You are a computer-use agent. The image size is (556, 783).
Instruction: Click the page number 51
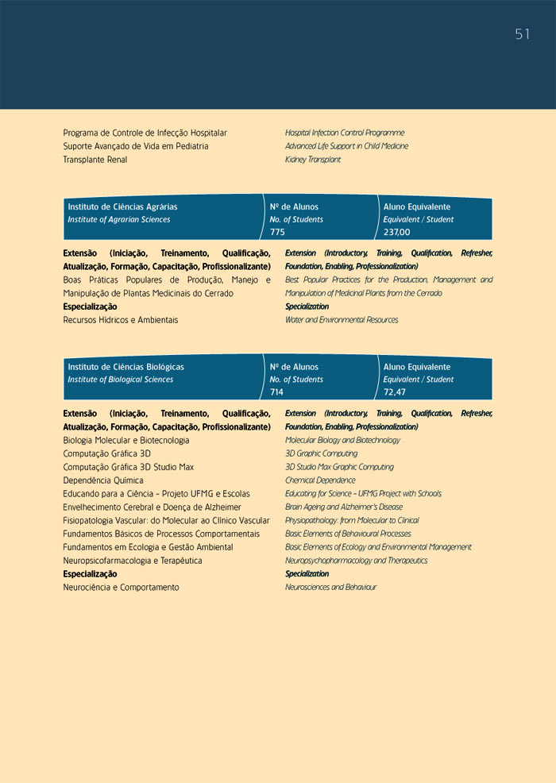pyautogui.click(x=522, y=34)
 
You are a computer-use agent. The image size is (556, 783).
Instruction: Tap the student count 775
pyautogui.click(x=277, y=232)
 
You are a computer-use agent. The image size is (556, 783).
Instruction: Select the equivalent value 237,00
pyautogui.click(x=396, y=232)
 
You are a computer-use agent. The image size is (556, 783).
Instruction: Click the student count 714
pyautogui.click(x=277, y=392)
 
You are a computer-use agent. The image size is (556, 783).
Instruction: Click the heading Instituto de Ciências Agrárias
pyautogui.click(x=122, y=206)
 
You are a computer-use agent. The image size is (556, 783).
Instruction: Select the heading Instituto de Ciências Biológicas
pyautogui.click(x=125, y=367)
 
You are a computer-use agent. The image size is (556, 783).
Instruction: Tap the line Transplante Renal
pyautogui.click(x=95, y=160)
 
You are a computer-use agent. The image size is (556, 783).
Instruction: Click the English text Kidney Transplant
pyautogui.click(x=313, y=160)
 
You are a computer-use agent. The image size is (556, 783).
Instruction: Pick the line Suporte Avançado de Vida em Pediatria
pyautogui.click(x=136, y=146)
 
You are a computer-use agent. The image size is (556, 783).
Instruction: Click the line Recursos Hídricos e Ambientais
pyautogui.click(x=121, y=320)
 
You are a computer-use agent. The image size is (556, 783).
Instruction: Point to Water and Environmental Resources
pyautogui.click(x=342, y=320)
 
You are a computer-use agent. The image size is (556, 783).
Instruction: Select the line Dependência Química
pyautogui.click(x=103, y=480)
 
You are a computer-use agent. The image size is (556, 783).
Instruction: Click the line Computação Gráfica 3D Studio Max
pyautogui.click(x=129, y=467)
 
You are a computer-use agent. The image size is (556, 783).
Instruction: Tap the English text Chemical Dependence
pyautogui.click(x=320, y=480)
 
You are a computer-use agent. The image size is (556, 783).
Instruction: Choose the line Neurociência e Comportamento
pyautogui.click(x=122, y=588)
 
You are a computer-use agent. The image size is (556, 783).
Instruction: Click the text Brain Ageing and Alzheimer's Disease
pyautogui.click(x=343, y=507)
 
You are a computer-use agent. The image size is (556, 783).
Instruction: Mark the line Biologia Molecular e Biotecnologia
pyautogui.click(x=126, y=440)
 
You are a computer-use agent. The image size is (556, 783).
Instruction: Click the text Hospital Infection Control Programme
pyautogui.click(x=345, y=133)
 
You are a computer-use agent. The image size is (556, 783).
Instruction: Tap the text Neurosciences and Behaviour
pyautogui.click(x=330, y=588)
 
